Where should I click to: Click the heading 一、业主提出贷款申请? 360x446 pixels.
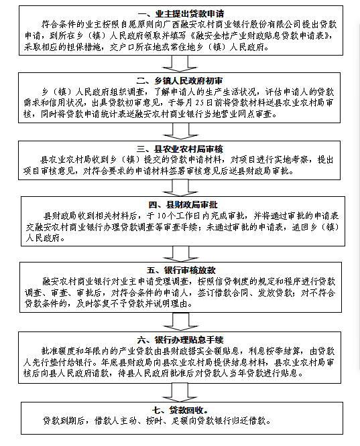tap(181, 13)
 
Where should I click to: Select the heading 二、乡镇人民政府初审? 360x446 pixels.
tap(180, 81)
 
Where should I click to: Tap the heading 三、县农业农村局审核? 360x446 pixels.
tap(180, 149)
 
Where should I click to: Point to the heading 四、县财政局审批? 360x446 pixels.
tap(183, 205)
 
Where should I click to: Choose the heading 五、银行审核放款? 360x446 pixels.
tap(181, 271)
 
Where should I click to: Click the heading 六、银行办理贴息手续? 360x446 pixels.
tap(180, 340)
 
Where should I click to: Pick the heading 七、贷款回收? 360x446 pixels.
tap(180, 410)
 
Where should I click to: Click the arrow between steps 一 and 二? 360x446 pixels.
tap(180, 64)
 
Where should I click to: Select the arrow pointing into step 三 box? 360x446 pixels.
tap(180, 131)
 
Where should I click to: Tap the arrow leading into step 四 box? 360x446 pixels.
tap(180, 188)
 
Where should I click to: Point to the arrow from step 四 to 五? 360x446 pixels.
tap(181, 254)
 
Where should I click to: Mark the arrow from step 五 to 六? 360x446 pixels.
tap(181, 322)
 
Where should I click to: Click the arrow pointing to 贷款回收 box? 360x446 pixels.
tap(180, 392)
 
